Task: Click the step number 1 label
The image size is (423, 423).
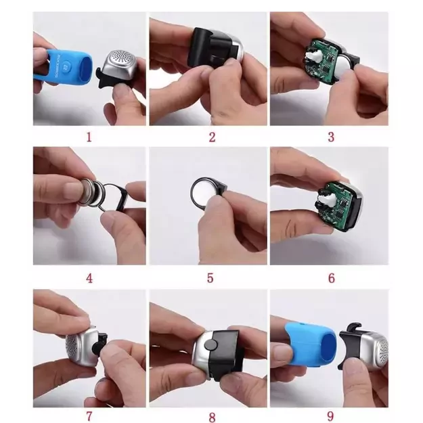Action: [89, 137]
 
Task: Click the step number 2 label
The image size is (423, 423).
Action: [213, 137]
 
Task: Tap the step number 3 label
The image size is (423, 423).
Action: [331, 137]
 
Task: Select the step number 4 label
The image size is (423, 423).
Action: [89, 278]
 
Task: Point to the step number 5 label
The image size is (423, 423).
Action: [210, 278]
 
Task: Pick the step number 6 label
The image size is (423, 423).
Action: [332, 278]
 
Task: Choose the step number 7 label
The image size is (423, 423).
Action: [89, 416]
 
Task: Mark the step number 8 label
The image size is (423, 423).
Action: [213, 418]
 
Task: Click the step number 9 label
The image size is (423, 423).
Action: [331, 416]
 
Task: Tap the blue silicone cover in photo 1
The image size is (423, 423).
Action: [64, 65]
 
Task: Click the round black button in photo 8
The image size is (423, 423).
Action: [211, 345]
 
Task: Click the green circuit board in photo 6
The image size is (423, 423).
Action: [334, 203]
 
